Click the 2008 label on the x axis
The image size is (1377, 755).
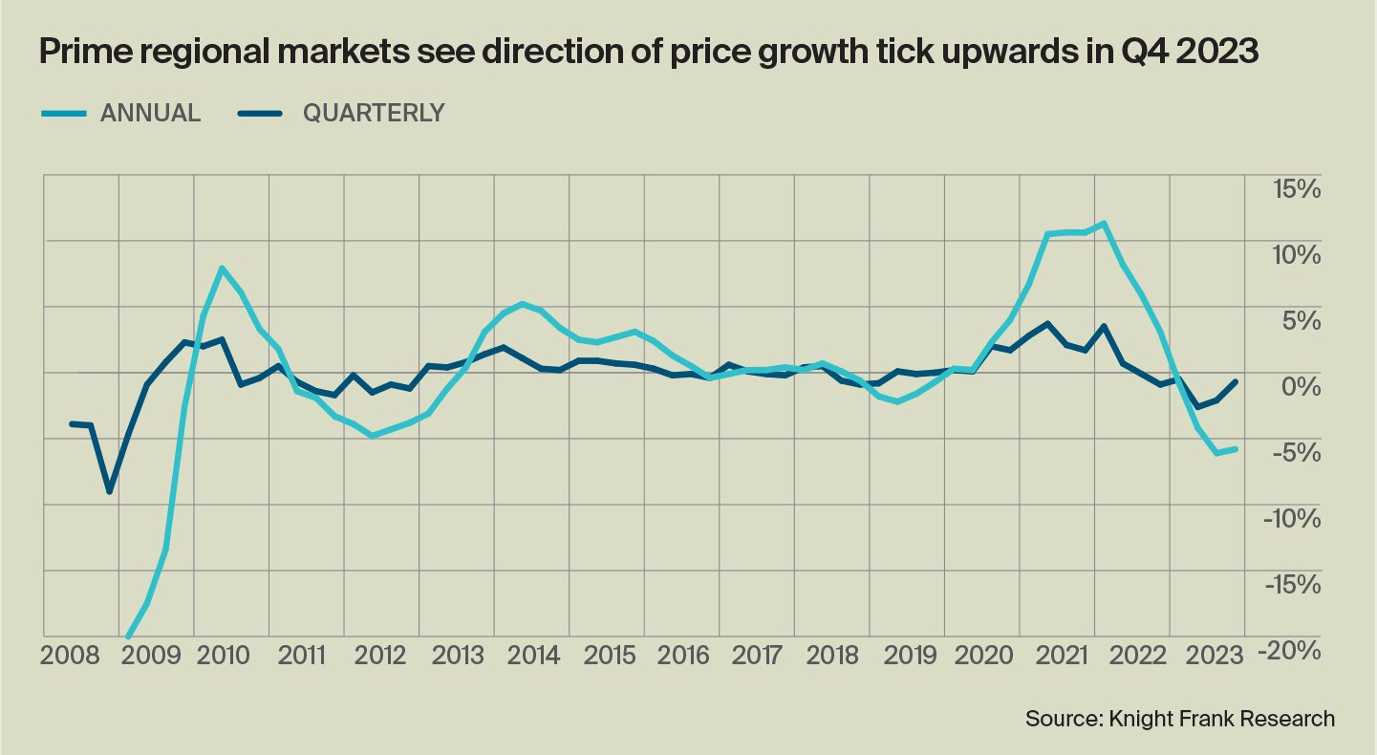pyautogui.click(x=72, y=656)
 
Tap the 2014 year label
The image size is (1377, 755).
pyautogui.click(x=534, y=656)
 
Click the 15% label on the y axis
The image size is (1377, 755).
pyautogui.click(x=1295, y=189)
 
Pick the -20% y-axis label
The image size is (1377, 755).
pyautogui.click(x=1291, y=650)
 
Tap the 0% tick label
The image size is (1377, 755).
pyautogui.click(x=1302, y=386)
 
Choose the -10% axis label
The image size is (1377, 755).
pyautogui.click(x=1291, y=518)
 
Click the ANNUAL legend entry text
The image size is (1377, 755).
pyautogui.click(x=150, y=113)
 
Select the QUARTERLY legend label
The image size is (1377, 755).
pyautogui.click(x=374, y=113)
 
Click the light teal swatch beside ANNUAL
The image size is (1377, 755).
pyautogui.click(x=65, y=113)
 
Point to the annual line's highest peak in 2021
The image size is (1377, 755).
pyautogui.click(x=1104, y=224)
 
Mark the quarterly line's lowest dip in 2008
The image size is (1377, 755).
pyautogui.click(x=110, y=491)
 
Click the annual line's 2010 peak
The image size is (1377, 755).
pyautogui.click(x=222, y=269)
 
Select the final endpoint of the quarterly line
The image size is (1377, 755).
pyautogui.click(x=1237, y=382)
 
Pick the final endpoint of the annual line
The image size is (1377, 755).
pyautogui.click(x=1236, y=449)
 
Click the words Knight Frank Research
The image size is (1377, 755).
pyautogui.click(x=1220, y=718)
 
